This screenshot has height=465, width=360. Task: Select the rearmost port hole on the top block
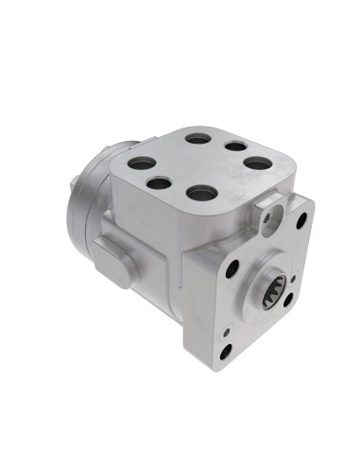198,139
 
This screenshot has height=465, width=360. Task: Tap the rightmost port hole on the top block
257,163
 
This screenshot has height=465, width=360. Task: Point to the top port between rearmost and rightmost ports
234,147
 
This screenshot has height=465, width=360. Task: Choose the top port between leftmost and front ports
161,183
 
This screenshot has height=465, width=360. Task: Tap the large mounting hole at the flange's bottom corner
226,352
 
